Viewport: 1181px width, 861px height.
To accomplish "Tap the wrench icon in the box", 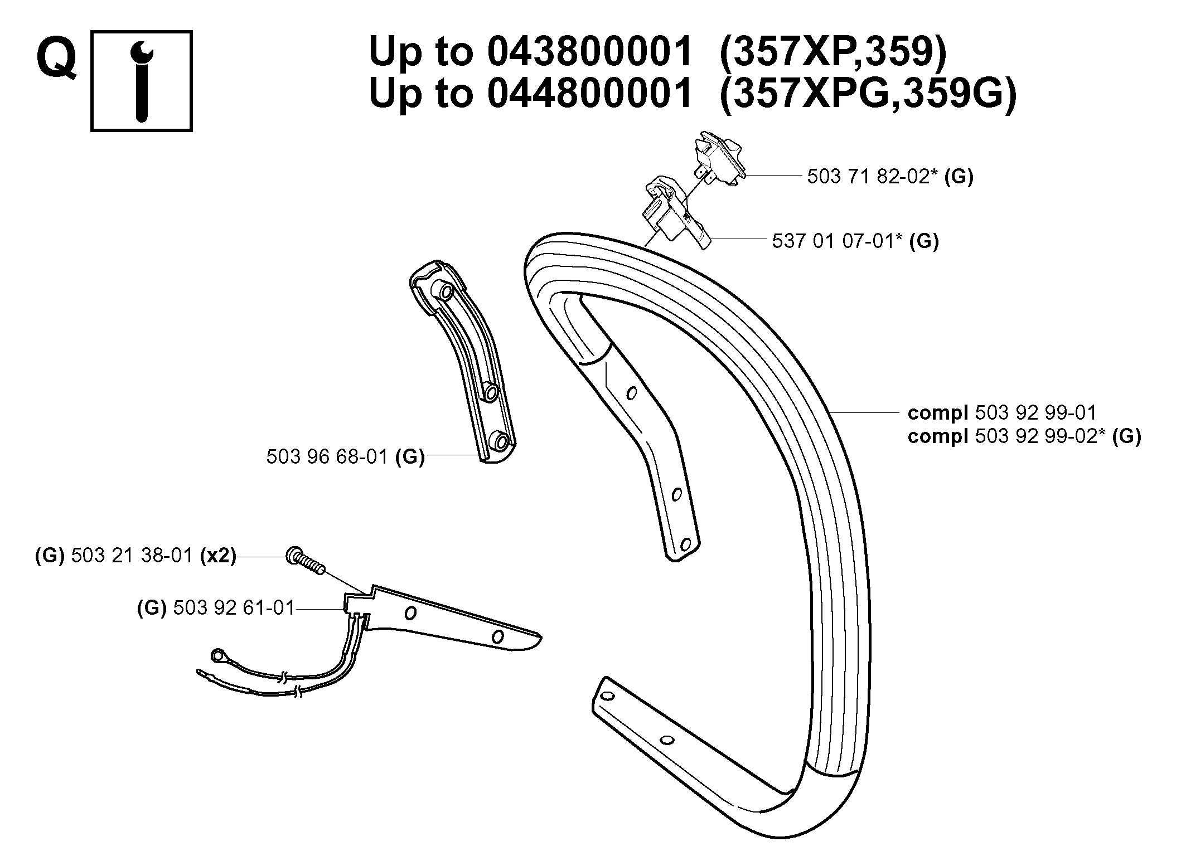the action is (x=142, y=81).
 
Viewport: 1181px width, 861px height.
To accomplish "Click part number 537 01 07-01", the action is (x=838, y=241).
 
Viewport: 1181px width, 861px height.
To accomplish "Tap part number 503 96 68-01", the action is (x=327, y=457).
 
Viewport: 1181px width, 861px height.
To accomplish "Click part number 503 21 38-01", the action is (x=132, y=556).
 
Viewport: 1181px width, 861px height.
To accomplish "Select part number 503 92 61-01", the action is (x=234, y=607).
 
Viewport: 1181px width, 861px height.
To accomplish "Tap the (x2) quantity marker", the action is (x=218, y=556).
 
